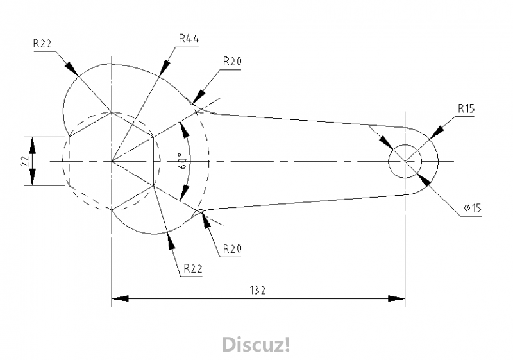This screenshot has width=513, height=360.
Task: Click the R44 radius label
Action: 189,39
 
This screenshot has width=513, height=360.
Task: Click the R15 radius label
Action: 466,108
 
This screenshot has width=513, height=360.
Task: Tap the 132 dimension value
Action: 258,290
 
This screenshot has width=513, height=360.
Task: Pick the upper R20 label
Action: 232,61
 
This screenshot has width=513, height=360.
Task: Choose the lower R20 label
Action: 232,248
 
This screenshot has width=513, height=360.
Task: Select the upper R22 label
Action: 43,44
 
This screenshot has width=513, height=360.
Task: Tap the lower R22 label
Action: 192,268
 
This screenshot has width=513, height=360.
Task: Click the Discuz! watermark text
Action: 256,345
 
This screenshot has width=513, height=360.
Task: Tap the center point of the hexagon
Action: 112,161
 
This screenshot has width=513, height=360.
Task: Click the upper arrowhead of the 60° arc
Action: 185,128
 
